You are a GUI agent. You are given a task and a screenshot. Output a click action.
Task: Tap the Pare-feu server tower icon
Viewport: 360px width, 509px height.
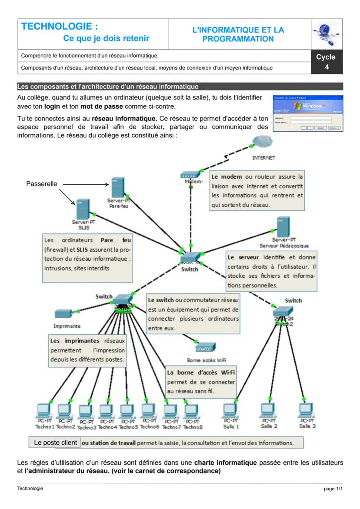click(118, 187)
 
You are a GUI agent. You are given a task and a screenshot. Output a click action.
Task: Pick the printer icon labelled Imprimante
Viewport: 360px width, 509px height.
click(64, 314)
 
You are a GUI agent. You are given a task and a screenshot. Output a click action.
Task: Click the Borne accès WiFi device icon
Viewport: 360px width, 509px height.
click(205, 348)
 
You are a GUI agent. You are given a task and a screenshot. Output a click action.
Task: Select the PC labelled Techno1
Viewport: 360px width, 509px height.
click(43, 410)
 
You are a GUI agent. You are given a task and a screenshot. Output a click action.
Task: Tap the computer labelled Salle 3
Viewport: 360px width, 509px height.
click(307, 410)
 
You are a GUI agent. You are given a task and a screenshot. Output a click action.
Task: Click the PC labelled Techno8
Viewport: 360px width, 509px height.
click(191, 410)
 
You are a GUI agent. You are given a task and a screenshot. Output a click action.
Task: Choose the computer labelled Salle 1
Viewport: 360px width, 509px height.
click(230, 410)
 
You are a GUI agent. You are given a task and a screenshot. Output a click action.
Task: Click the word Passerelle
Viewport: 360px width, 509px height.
click(42, 184)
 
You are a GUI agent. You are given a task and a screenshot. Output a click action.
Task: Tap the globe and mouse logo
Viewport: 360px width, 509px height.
click(327, 34)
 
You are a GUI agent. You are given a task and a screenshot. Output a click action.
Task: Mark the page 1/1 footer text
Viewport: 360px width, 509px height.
click(333, 489)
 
